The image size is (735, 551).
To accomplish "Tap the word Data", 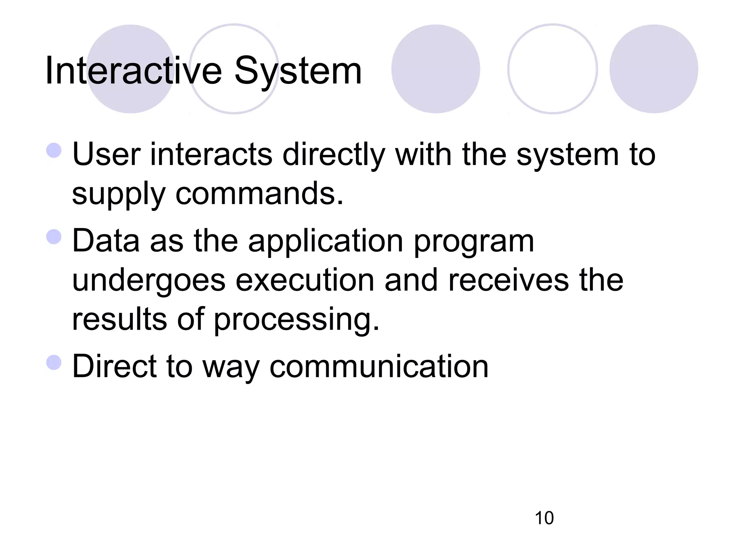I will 106,241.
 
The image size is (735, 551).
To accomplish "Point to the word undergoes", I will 149,281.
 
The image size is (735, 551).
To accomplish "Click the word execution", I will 305,280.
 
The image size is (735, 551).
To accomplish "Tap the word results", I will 120,319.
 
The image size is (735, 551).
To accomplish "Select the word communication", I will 379,366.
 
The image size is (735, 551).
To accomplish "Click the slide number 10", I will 544,518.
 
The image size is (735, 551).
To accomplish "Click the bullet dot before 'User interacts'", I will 54,150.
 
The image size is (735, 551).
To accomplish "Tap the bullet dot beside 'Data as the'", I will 54,237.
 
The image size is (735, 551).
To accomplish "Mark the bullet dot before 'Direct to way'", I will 54,362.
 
